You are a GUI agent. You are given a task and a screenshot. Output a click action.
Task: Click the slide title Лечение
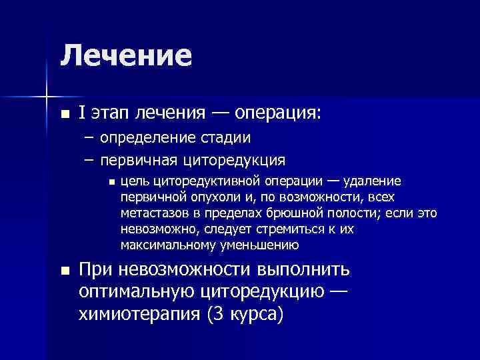[126, 55]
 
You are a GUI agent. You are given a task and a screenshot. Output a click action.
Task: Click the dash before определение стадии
[89, 138]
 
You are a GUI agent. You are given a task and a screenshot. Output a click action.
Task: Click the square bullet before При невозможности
[64, 271]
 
